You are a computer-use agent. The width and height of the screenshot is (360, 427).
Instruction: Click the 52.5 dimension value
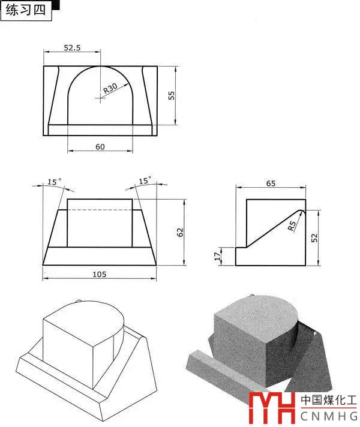click(72, 47)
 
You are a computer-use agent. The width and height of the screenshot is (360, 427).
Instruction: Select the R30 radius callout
click(110, 88)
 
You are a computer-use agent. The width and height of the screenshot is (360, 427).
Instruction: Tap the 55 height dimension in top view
click(171, 95)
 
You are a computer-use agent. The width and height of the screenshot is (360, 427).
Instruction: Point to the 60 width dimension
click(100, 147)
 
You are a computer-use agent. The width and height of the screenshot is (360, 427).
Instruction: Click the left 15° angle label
click(55, 182)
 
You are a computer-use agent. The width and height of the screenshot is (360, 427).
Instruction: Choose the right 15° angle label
click(145, 181)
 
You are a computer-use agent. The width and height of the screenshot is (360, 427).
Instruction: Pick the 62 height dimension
click(180, 232)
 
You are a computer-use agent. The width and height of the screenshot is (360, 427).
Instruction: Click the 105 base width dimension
click(99, 274)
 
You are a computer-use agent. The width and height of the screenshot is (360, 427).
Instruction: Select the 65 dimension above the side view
click(271, 184)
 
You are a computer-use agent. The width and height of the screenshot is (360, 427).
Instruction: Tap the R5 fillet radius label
click(292, 225)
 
